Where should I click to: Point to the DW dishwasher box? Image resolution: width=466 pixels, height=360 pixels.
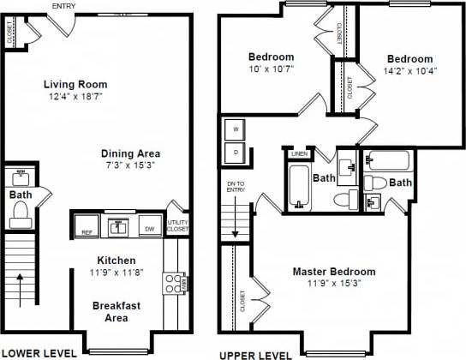(x=149, y=229)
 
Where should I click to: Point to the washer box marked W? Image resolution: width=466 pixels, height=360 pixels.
(x=236, y=130)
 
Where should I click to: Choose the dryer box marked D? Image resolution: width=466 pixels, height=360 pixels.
(x=236, y=153)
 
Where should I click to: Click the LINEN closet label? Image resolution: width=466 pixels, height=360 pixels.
(x=299, y=153)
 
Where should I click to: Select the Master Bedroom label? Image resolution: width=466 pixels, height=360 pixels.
(x=333, y=272)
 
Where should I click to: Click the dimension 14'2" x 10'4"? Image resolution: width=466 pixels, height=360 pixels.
(x=408, y=71)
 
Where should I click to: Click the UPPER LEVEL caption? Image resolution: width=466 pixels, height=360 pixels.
(x=251, y=353)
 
